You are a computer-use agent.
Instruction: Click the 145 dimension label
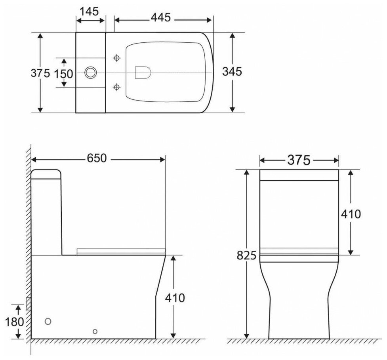(90, 11)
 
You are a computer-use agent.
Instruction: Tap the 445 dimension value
(161, 17)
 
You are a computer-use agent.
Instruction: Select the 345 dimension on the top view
(232, 72)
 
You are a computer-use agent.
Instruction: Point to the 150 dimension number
(64, 74)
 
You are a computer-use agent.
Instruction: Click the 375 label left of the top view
(40, 73)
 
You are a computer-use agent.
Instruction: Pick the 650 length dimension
(97, 158)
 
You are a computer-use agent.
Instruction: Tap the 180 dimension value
(15, 322)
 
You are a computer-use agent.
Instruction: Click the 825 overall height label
(246, 255)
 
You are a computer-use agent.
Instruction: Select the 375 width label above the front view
(299, 160)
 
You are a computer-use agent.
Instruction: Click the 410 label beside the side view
(175, 298)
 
